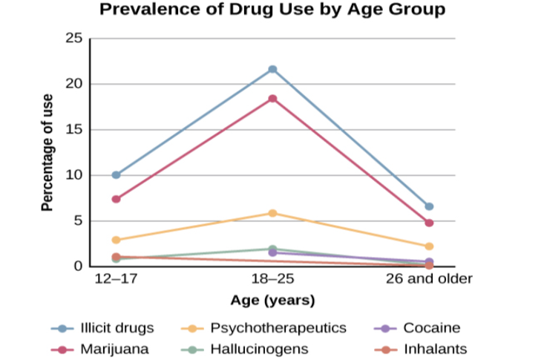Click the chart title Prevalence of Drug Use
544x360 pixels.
click(272, 10)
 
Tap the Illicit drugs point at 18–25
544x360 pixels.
click(272, 69)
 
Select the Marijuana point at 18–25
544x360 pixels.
click(272, 99)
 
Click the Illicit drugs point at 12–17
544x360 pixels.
click(116, 175)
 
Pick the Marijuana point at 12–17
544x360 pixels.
click(116, 199)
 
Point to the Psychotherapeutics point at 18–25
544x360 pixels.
click(272, 213)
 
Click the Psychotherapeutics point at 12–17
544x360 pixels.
click(116, 240)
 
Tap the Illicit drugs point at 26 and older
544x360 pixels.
click(429, 206)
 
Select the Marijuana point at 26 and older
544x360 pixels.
click(429, 223)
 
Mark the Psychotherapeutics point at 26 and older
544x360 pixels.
click(429, 246)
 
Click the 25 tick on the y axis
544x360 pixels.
click(74, 38)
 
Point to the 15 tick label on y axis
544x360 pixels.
click(74, 129)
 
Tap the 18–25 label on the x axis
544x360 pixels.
click(272, 280)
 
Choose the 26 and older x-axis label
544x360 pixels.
click(429, 280)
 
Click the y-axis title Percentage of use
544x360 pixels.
click(47, 152)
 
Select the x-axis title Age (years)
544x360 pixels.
click(272, 301)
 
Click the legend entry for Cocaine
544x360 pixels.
click(431, 327)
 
